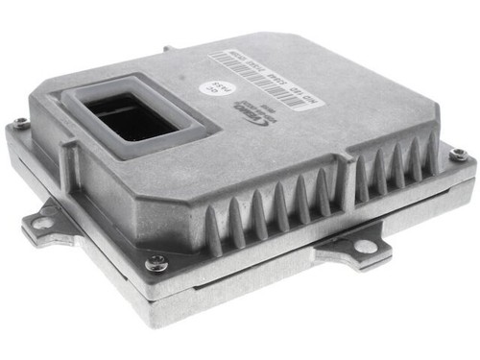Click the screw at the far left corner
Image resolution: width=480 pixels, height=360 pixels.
pyautogui.click(x=19, y=122)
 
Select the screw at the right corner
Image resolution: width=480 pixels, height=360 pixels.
pyautogui.click(x=458, y=153)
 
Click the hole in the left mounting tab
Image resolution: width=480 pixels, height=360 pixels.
pyautogui.click(x=42, y=223)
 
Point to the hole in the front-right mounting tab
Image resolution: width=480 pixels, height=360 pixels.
pyautogui.click(x=366, y=247)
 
